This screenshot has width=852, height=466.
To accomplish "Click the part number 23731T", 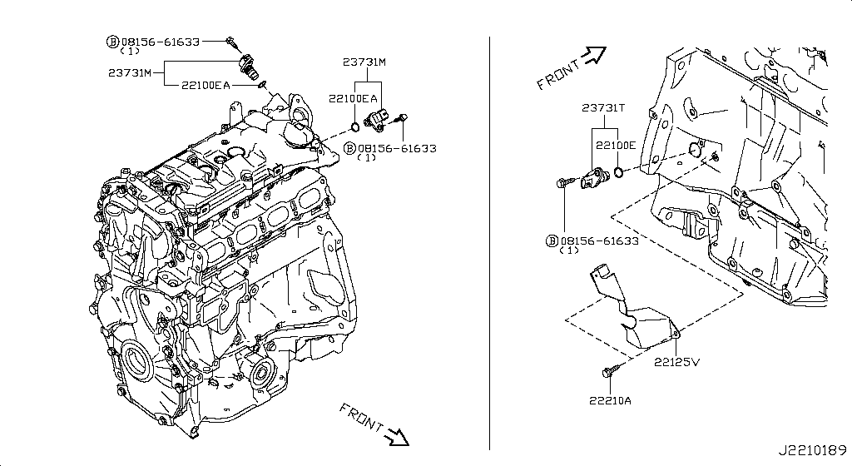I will point(603,108).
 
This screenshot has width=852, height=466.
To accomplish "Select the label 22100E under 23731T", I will point(616,145).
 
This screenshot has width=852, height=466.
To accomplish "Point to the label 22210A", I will point(610,401).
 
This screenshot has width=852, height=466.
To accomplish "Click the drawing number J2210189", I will point(812,450).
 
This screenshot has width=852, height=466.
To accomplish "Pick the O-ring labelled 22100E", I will point(619,173).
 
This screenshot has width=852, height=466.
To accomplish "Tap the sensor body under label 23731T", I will point(596,176).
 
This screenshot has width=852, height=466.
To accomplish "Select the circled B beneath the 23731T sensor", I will point(552,240).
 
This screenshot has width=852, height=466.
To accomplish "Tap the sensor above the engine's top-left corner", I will point(249,66).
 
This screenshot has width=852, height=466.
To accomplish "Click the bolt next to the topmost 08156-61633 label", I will point(231,41).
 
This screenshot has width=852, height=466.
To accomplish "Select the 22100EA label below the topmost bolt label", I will point(206,85).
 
